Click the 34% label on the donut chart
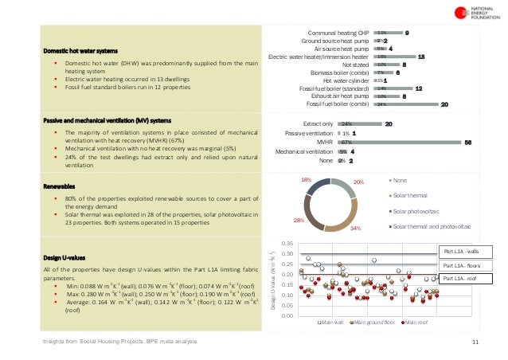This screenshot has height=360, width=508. coord(355,229)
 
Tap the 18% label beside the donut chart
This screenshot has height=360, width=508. coord(306,181)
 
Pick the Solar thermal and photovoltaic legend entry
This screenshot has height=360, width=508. coord(431,227)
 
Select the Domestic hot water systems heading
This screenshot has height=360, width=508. coord(82,51)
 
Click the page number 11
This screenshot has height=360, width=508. coord(475,342)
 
